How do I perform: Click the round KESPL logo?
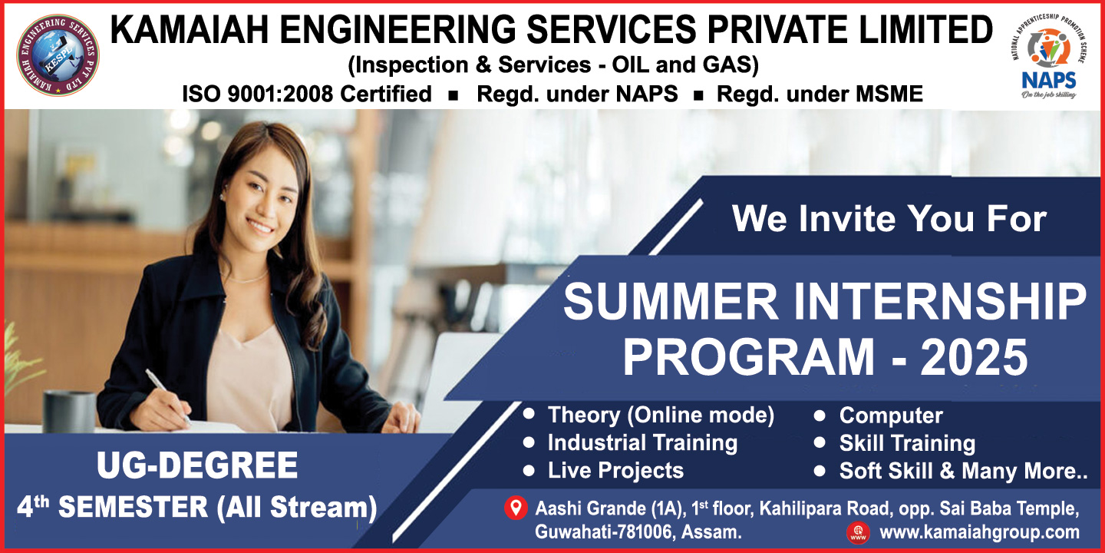pyautogui.click(x=58, y=55)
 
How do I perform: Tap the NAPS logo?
pyautogui.click(x=1049, y=56)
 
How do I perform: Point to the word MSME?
pyautogui.click(x=889, y=94)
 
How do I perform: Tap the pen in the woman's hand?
pyautogui.click(x=167, y=396)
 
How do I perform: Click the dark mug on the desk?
pyautogui.click(x=69, y=412)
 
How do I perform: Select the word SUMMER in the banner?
pyautogui.click(x=671, y=301)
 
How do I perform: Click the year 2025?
pyautogui.click(x=974, y=357)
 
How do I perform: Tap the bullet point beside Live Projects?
pyautogui.click(x=529, y=471)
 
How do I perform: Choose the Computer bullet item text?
pyautogui.click(x=891, y=416)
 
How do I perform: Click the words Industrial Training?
pyautogui.click(x=642, y=442)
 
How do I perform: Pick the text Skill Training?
pyautogui.click(x=907, y=443)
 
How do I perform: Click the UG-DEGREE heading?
pyautogui.click(x=197, y=465)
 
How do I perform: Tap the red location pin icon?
pyautogui.click(x=516, y=508)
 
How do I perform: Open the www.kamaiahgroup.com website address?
pyautogui.click(x=979, y=532)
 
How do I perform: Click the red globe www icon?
pyautogui.click(x=858, y=532)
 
